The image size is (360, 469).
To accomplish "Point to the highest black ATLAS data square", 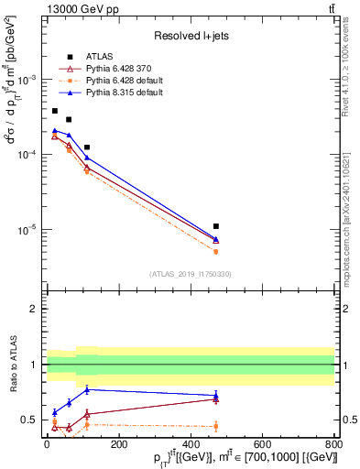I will (x=54, y=111).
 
